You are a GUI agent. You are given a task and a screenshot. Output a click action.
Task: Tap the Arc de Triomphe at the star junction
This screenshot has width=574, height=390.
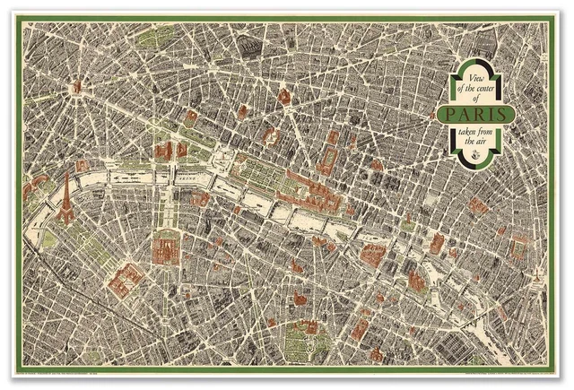click(x=77, y=86)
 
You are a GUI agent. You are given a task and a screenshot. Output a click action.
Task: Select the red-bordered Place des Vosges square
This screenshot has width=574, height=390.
click(x=436, y=243)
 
